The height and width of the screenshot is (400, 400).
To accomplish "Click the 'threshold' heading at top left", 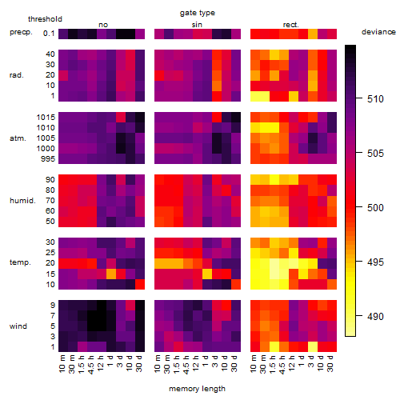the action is pos(45,19).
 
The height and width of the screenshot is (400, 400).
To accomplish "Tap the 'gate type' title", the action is pos(198,13).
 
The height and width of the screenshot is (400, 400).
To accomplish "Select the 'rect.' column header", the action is pos(291,25).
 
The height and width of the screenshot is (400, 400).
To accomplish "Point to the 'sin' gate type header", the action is pos(197,25).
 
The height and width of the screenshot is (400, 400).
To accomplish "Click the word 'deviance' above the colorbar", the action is pos(378,32).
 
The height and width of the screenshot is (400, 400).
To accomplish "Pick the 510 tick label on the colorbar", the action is pos(375,99).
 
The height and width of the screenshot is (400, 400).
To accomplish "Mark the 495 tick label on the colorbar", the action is pos(375,262).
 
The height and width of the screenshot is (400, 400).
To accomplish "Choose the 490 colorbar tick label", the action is pos(375,317).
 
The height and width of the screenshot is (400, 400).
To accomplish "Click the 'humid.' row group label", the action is pos(22,201).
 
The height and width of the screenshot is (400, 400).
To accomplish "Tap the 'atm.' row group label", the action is pos(18,138).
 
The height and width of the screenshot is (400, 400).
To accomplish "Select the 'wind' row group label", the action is pos(18,326).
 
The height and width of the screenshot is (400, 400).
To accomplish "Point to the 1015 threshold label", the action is pos(46,118).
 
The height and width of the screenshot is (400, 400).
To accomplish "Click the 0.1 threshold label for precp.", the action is pos(49,34).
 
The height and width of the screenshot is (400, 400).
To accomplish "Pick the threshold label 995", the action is pos(48,159).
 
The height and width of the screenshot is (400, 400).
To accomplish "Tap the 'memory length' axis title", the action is pos(197,389).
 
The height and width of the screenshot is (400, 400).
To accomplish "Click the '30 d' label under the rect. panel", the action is pos(330,363).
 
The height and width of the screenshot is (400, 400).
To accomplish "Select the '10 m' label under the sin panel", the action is pos(158,363).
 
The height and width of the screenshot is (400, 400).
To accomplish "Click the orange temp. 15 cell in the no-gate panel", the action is pos(111,274).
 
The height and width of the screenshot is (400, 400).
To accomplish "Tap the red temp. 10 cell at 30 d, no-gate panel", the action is pos(140,284).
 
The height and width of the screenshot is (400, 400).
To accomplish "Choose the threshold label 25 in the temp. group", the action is pos(50,253).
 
